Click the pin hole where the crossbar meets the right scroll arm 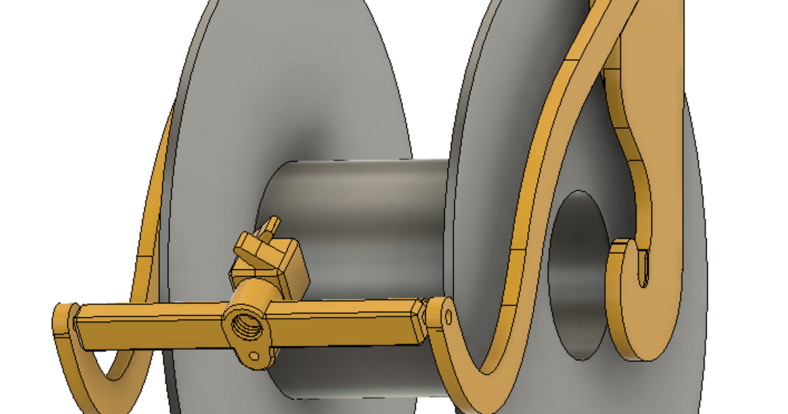tap(449, 318)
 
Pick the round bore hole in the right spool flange tap(578, 276)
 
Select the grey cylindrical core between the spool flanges tap(355, 197)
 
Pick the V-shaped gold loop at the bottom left tap(112, 375)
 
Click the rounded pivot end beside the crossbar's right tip tap(440, 315)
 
